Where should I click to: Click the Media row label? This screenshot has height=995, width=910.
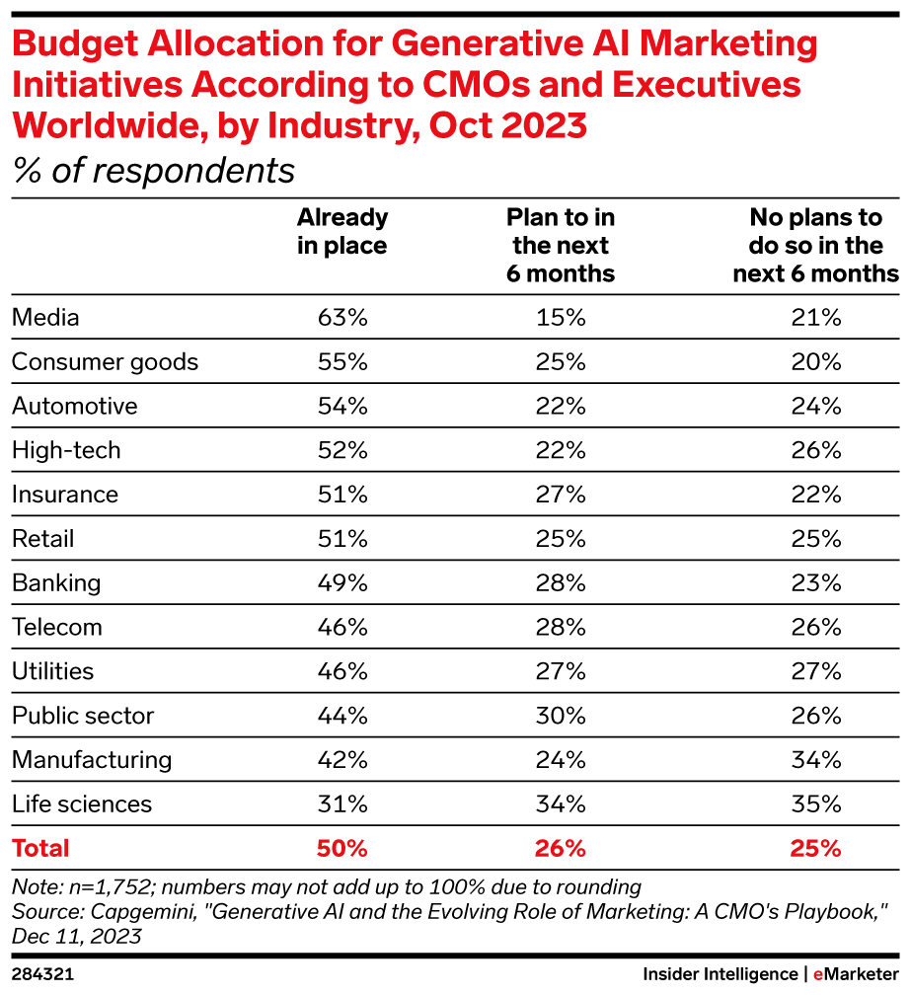[45, 318]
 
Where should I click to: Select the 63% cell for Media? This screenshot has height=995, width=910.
[342, 318]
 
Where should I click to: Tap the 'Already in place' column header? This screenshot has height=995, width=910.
[342, 231]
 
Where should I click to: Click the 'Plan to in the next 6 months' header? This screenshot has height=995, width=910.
[561, 245]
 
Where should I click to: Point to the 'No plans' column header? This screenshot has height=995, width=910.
[815, 245]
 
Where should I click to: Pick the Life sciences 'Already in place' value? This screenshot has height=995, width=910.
[342, 804]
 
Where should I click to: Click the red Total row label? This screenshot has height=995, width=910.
[40, 848]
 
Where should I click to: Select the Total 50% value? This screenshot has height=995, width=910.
[342, 848]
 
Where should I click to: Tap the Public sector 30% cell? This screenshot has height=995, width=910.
[562, 716]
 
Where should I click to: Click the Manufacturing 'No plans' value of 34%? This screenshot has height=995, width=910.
[816, 760]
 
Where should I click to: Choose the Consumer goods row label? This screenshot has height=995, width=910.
[105, 362]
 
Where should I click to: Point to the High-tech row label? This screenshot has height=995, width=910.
[66, 450]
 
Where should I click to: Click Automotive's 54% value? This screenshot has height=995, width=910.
[342, 406]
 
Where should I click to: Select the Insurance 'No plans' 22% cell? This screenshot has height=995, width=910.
[816, 495]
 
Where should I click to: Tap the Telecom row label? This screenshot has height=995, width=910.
[57, 627]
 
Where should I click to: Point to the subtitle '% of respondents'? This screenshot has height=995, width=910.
[154, 171]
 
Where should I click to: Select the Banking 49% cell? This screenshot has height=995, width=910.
[342, 582]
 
